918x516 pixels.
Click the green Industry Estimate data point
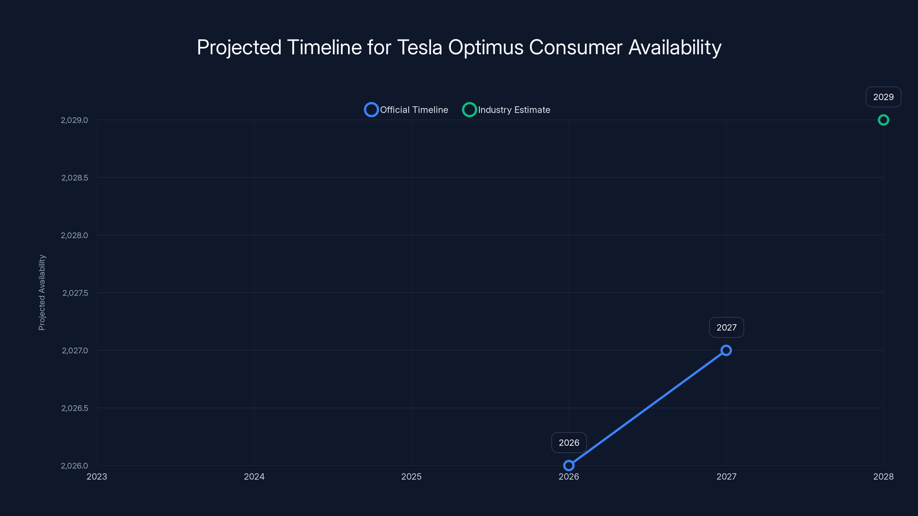(x=883, y=120)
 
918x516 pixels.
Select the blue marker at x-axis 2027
(x=726, y=350)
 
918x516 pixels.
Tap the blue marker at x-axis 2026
(x=569, y=466)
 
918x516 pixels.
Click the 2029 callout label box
(x=883, y=97)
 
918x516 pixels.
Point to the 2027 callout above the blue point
(x=726, y=327)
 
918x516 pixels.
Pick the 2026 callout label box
(x=569, y=443)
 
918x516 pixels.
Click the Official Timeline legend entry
(x=406, y=110)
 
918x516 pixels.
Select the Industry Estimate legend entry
(x=506, y=110)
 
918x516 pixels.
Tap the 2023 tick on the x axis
(x=97, y=476)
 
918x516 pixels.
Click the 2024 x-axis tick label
(x=254, y=476)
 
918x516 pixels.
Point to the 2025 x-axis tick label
(x=411, y=476)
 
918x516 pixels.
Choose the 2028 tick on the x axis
(x=883, y=476)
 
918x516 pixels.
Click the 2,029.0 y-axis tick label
(x=74, y=120)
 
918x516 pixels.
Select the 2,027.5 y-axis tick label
(x=75, y=293)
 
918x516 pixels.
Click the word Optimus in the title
(x=486, y=47)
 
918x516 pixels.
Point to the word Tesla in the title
(x=419, y=47)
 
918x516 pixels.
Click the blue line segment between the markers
(x=647, y=408)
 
